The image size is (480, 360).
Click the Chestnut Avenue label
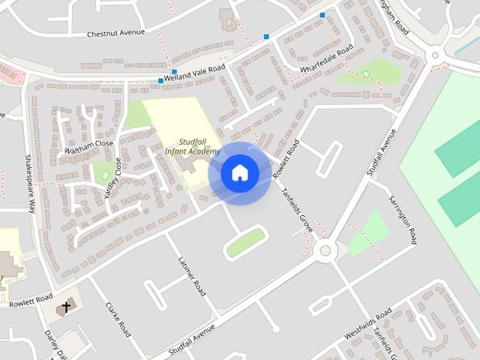[x=115, y=34]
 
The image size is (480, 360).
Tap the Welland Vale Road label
[x=195, y=70]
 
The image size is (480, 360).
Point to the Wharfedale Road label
[x=326, y=61]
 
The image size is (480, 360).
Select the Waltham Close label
[x=88, y=142]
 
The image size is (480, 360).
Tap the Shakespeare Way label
[x=31, y=184]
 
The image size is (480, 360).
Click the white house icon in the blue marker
[x=239, y=173]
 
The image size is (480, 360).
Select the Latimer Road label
[x=192, y=277]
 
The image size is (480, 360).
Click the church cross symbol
[x=66, y=307]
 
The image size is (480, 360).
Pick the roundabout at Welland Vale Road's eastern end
[x=434, y=55]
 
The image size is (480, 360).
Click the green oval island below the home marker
[x=245, y=243]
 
